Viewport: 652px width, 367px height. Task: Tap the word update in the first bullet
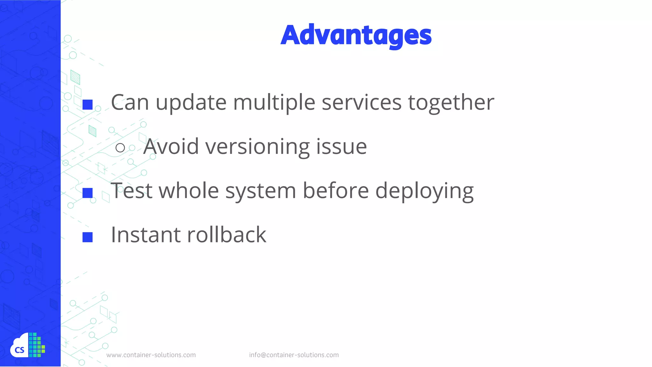pyautogui.click(x=191, y=103)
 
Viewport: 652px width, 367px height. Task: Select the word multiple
pyautogui.click(x=274, y=103)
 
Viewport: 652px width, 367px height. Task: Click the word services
pyautogui.click(x=362, y=103)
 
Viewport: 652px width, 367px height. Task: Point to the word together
pyautogui.click(x=451, y=103)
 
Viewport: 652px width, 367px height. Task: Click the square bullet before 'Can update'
pyautogui.click(x=88, y=104)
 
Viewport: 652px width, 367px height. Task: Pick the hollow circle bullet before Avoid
pyautogui.click(x=120, y=148)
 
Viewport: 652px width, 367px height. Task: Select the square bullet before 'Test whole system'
pyautogui.click(x=88, y=193)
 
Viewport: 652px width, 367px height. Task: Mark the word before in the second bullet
pyautogui.click(x=336, y=191)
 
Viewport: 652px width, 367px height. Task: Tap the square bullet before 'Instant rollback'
pyautogui.click(x=88, y=237)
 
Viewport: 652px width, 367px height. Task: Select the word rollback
pyautogui.click(x=227, y=235)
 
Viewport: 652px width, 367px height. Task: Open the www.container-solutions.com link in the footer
pyautogui.click(x=151, y=355)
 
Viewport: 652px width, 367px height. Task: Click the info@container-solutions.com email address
pyautogui.click(x=294, y=355)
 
